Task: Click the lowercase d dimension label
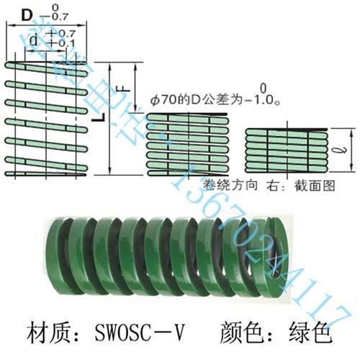[33, 37]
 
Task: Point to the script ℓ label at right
[344, 152]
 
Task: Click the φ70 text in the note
[164, 102]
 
